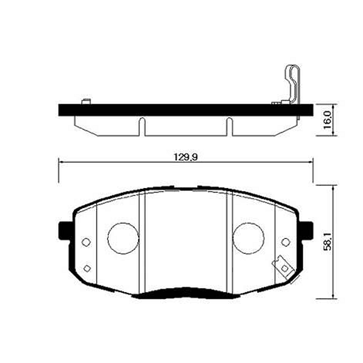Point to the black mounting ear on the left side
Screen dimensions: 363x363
[x=63, y=231]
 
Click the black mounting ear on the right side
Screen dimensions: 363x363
[x=307, y=231]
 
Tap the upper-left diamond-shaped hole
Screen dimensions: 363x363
[x=85, y=242]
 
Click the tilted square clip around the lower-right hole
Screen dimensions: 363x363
[x=282, y=266]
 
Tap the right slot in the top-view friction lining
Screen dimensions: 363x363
[x=229, y=126]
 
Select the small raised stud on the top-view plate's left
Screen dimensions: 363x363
[x=85, y=101]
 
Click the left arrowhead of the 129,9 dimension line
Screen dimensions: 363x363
[x=61, y=162]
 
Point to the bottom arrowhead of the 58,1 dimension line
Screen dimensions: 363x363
[x=332, y=295]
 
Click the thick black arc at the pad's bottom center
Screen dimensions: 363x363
[x=185, y=294]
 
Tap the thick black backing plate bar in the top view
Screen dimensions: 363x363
[x=181, y=111]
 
